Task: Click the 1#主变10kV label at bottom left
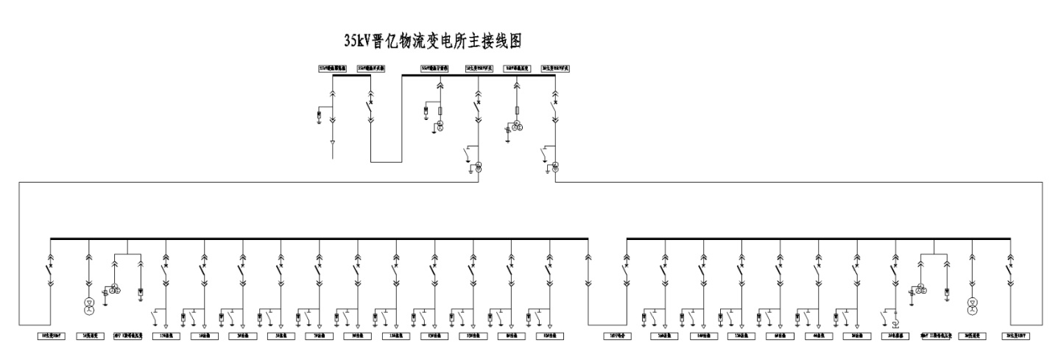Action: [x=53, y=336]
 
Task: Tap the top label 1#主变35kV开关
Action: [x=479, y=68]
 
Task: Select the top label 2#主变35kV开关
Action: [x=556, y=68]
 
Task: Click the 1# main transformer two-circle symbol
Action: [x=478, y=166]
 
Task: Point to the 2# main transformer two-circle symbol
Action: [x=554, y=166]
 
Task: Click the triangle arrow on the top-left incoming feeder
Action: [x=332, y=141]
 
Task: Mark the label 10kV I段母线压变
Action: [x=127, y=336]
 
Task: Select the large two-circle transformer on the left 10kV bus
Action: [x=89, y=304]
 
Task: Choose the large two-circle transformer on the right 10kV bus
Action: [x=972, y=304]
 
